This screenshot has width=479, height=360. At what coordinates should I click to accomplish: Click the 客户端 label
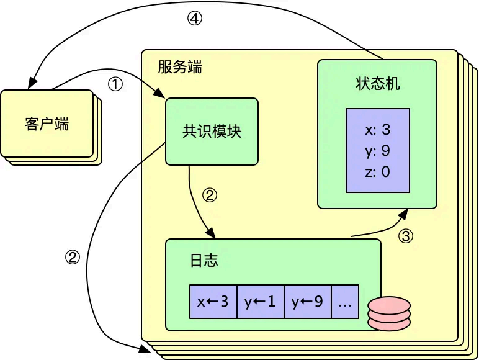47,124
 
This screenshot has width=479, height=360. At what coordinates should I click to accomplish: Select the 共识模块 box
212,132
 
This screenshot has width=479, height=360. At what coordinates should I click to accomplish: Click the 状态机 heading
377,84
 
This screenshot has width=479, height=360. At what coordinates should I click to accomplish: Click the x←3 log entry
213,302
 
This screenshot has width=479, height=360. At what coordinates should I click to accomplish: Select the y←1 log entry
261,302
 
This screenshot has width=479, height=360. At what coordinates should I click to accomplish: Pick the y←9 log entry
308,302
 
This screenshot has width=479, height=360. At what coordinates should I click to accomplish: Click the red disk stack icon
389,313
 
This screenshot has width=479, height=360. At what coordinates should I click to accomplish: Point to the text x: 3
378,130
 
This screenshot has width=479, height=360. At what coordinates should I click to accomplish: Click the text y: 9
378,151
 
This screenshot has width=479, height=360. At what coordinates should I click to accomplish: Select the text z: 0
378,172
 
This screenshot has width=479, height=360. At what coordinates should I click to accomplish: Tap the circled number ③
405,236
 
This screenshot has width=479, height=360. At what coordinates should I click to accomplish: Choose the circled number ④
195,19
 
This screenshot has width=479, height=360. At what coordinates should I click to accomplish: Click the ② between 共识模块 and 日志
210,196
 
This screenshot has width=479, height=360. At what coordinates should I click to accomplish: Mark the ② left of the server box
73,258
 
